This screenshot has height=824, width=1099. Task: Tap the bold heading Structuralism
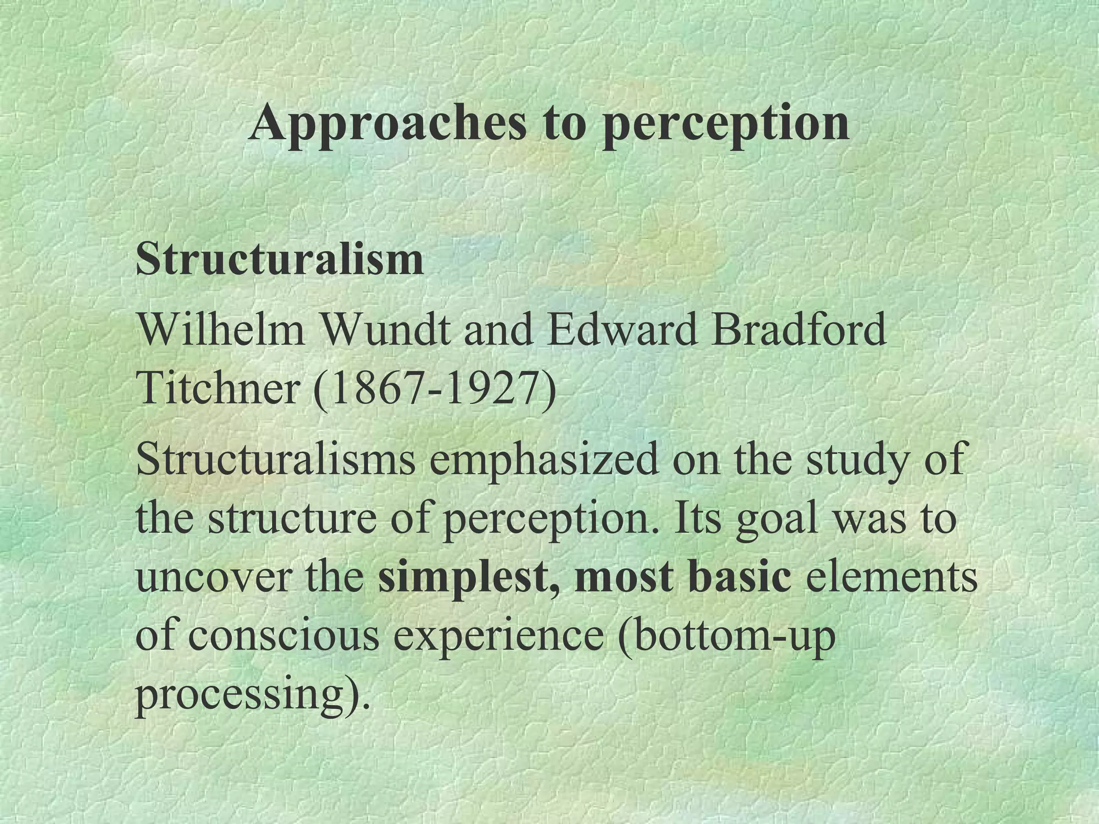pyautogui.click(x=280, y=259)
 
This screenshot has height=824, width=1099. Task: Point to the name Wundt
pyautogui.click(x=385, y=329)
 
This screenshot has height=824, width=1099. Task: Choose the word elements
pyautogui.click(x=891, y=578)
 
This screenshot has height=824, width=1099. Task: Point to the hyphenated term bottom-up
pyautogui.click(x=727, y=637)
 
